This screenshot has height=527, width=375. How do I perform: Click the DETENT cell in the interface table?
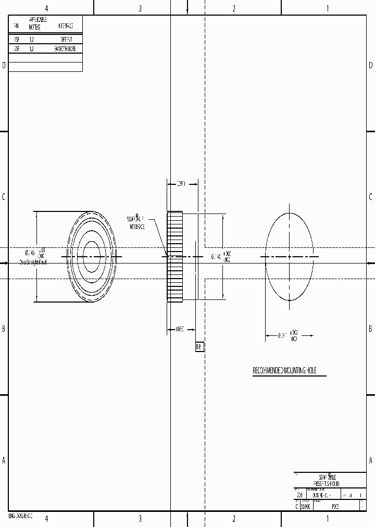tap(66, 39)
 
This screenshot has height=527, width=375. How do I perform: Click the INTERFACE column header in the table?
tap(66, 26)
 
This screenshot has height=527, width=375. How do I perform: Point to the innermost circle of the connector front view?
tap(92, 257)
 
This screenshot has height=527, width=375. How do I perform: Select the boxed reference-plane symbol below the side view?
tap(198, 347)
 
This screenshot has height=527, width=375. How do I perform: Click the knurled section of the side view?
tap(174, 257)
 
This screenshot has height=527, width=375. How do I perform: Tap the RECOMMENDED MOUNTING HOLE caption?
tap(289, 371)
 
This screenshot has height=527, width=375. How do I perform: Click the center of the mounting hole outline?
tap(290, 257)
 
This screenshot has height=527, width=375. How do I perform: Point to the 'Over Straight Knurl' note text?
tap(33, 262)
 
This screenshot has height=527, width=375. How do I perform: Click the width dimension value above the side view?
tap(182, 183)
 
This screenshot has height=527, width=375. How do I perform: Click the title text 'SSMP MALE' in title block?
tap(328, 477)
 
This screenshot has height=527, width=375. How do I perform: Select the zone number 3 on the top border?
tap(140, 8)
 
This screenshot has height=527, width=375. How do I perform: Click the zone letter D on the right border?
tap(370, 65)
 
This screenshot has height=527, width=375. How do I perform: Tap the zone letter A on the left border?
tap(4, 460)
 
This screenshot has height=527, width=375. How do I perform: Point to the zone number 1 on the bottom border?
tap(328, 519)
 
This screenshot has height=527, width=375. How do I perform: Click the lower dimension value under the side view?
tap(180, 329)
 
